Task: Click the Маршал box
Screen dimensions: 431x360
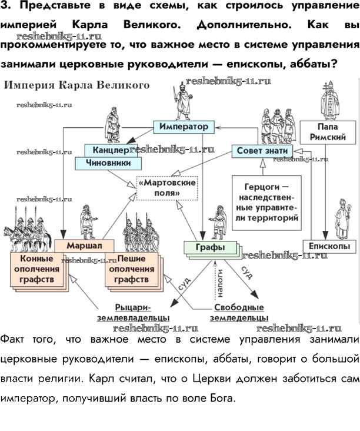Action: pyautogui.click(x=83, y=244)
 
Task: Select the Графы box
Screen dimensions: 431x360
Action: pyautogui.click(x=209, y=247)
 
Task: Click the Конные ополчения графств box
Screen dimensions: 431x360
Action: pyautogui.click(x=36, y=268)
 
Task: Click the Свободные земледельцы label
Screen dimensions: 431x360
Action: pyautogui.click(x=239, y=313)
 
